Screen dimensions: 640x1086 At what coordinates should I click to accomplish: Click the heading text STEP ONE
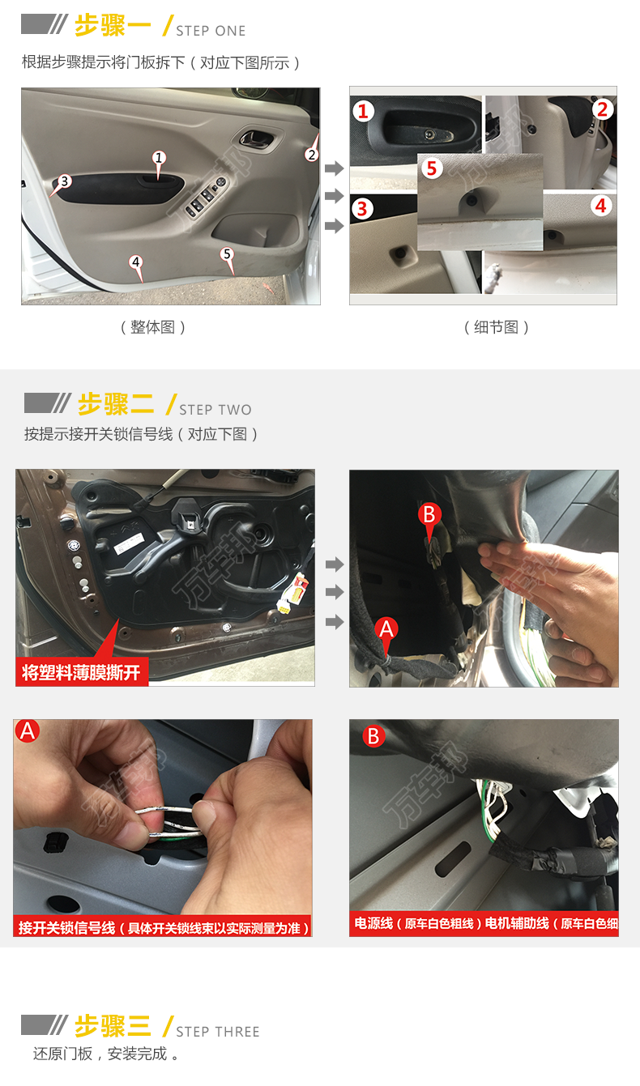(x=211, y=31)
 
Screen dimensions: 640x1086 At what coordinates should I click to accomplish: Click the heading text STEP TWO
(x=215, y=410)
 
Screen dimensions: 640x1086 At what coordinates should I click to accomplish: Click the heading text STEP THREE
(x=218, y=1031)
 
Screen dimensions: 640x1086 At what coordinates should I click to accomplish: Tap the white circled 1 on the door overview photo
(x=159, y=158)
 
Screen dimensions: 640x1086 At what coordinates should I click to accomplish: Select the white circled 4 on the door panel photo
(x=136, y=262)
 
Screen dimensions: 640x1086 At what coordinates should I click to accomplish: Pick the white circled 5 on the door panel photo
(x=227, y=254)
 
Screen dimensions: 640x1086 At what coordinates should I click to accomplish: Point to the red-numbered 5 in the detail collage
(x=432, y=168)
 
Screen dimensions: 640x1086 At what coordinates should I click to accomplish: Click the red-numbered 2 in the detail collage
(x=602, y=109)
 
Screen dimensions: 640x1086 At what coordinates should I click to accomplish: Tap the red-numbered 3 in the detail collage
(x=362, y=209)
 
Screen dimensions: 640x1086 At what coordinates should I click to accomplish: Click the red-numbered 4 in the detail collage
(x=601, y=206)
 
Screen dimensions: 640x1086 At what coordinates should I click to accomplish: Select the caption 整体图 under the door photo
(x=153, y=327)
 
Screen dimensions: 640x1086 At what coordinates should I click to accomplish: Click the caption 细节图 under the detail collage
(x=496, y=327)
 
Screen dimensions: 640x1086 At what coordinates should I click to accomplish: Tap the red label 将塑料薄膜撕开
(x=82, y=672)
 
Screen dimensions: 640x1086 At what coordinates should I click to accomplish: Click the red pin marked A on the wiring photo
(x=386, y=632)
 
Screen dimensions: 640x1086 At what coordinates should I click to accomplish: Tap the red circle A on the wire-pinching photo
(x=28, y=730)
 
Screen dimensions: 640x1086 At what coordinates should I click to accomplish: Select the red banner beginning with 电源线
(x=484, y=923)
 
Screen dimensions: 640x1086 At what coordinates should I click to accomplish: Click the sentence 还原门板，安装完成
(x=105, y=1054)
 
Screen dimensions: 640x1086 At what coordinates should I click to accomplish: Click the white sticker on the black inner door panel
(x=130, y=542)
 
